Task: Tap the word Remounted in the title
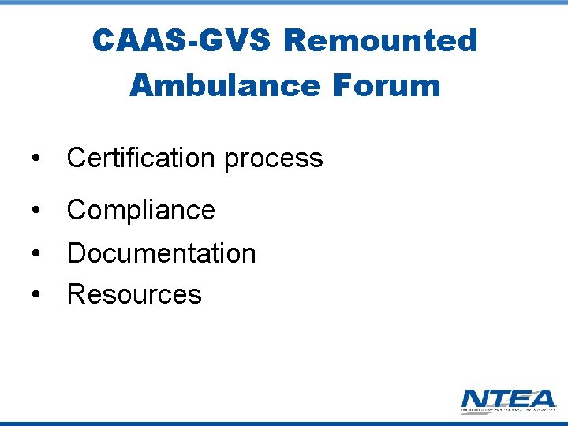pos(380,40)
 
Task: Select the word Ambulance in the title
pos(223,85)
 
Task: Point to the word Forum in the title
pos(386,85)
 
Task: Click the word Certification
pos(141,158)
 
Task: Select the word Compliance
pos(141,210)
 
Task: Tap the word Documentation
pos(162,253)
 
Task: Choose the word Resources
pos(134,294)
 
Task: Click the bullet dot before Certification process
pos(35,159)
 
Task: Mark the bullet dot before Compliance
pos(35,211)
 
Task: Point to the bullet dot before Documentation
pos(35,254)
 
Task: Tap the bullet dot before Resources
pos(35,295)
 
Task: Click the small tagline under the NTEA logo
pos(508,410)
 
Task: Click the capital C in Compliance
pos(77,210)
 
